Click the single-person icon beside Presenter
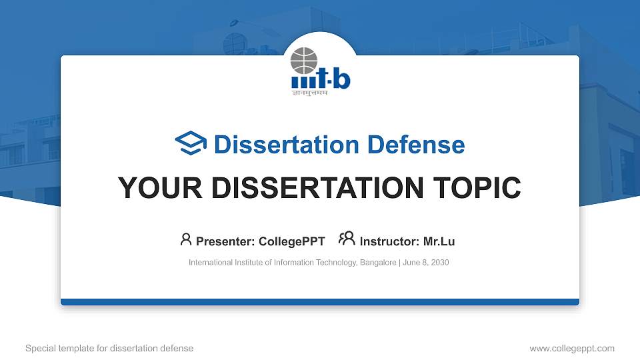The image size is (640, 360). point(186,239)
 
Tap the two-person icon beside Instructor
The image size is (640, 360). point(347,239)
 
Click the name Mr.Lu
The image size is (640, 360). point(439,241)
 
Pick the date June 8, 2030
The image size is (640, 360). point(426,263)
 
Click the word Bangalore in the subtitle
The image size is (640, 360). point(378,263)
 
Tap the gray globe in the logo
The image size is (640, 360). point(305,61)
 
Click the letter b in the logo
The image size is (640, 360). point(341,78)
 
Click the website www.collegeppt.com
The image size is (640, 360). point(571,348)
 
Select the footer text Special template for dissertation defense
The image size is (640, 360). point(109,348)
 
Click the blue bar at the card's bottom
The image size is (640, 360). point(320,302)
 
